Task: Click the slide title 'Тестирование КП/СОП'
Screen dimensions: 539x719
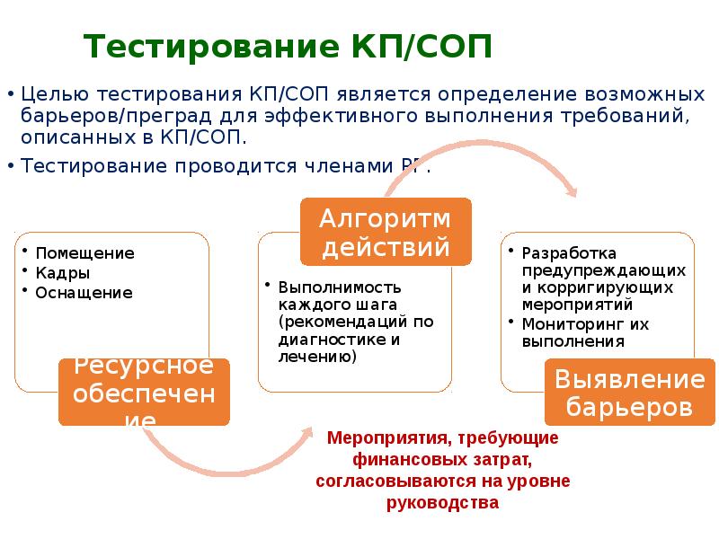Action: click(x=288, y=46)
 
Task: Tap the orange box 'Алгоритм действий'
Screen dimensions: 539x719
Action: click(x=385, y=232)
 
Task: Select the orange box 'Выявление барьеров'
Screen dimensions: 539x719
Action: click(x=623, y=392)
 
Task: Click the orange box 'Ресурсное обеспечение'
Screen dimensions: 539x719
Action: click(x=144, y=392)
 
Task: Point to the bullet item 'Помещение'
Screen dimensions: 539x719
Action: click(x=84, y=253)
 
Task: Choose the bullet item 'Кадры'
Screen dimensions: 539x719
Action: click(x=62, y=273)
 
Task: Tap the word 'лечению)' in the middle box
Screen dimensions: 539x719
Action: click(x=317, y=357)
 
